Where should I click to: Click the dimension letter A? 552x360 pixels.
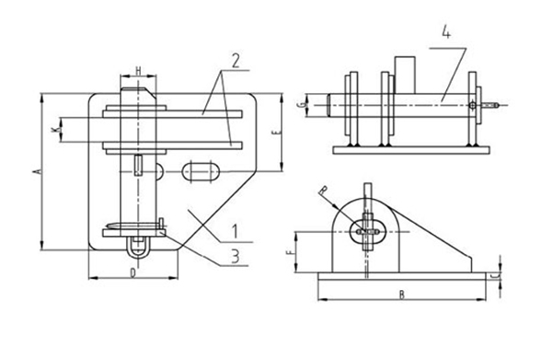click(x=35, y=170)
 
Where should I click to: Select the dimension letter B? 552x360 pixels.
click(x=401, y=295)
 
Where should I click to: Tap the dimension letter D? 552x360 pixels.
click(x=133, y=273)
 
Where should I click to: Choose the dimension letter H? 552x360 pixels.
click(x=138, y=71)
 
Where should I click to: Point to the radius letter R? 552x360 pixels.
click(x=322, y=192)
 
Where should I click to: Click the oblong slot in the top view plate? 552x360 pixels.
click(x=201, y=171)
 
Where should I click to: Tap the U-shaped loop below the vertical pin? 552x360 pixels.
click(x=137, y=246)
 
